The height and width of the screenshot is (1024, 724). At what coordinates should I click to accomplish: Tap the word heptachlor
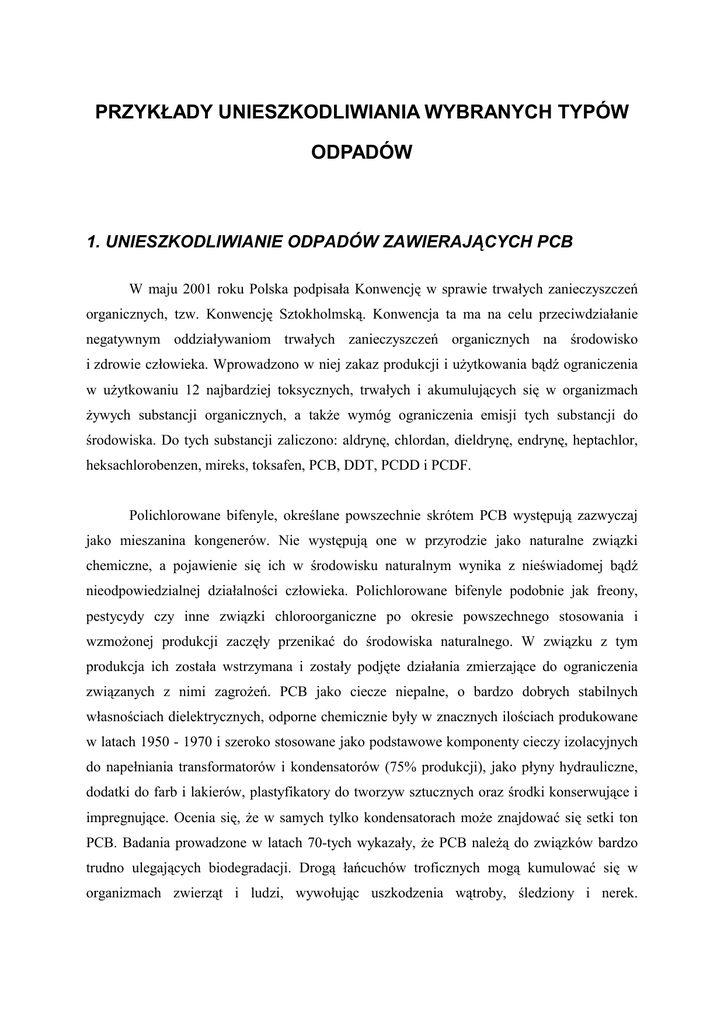[x=600, y=440]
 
